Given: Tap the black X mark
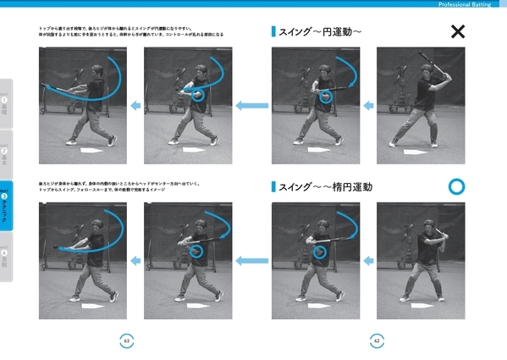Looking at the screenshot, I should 458,32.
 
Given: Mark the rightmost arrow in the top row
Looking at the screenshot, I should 367,106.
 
